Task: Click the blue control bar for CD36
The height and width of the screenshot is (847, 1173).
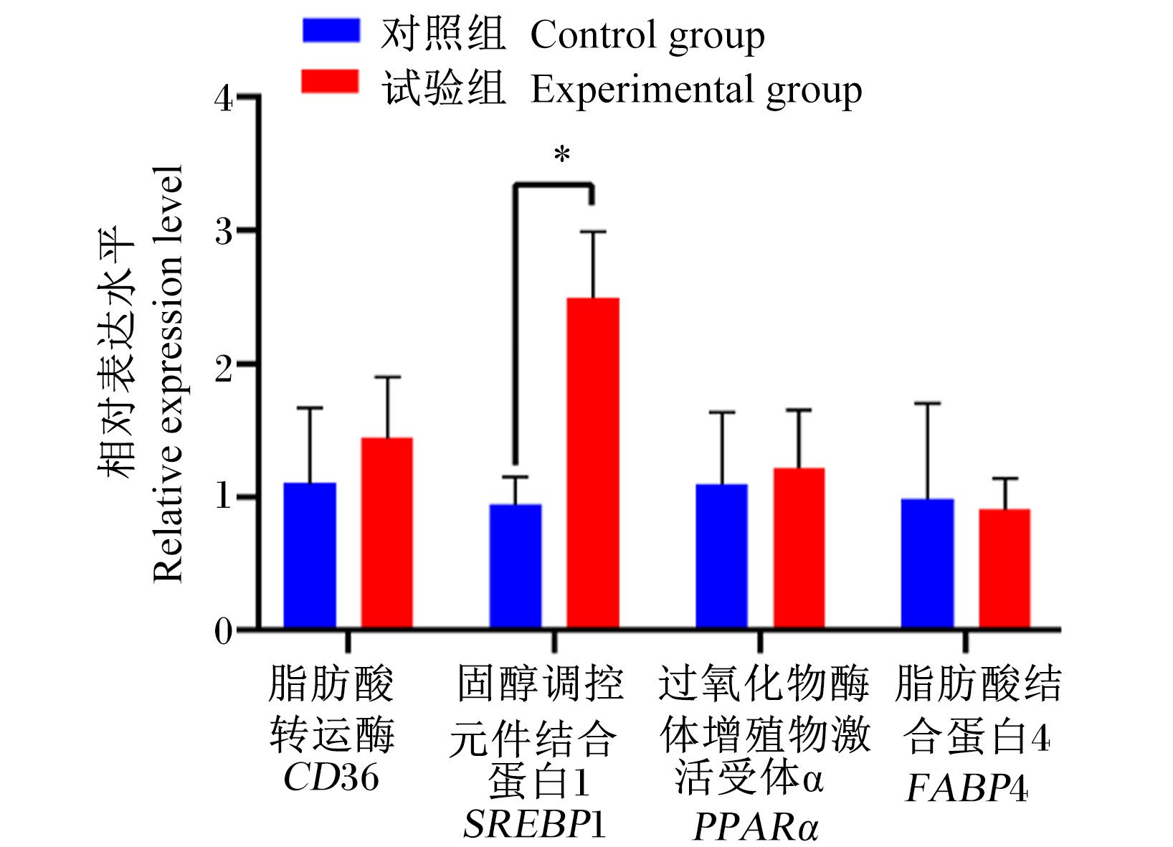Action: pyautogui.click(x=310, y=554)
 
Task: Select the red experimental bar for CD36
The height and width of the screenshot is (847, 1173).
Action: pyautogui.click(x=387, y=532)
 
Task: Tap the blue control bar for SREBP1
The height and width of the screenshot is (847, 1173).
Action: pyautogui.click(x=516, y=566)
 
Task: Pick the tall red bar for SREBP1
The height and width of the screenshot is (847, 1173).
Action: pyautogui.click(x=593, y=463)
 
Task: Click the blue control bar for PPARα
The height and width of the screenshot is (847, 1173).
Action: pyautogui.click(x=721, y=556)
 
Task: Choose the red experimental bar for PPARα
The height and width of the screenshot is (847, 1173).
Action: pyautogui.click(x=799, y=547)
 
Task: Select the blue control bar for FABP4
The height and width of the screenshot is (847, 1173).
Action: pyautogui.click(x=927, y=563)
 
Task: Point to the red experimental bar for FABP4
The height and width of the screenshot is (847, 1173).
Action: pyautogui.click(x=1005, y=568)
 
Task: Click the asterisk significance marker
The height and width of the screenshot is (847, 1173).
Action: pyautogui.click(x=562, y=154)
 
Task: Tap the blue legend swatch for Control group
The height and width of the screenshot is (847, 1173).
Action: pyautogui.click(x=331, y=30)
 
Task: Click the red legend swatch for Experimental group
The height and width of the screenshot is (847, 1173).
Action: pyautogui.click(x=330, y=81)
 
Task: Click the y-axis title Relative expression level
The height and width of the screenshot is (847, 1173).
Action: pyautogui.click(x=168, y=374)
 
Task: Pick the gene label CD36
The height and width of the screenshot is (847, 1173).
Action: pyautogui.click(x=331, y=777)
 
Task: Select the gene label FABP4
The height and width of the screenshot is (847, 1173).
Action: pyautogui.click(x=967, y=788)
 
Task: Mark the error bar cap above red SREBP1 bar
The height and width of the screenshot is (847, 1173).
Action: pyautogui.click(x=593, y=232)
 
